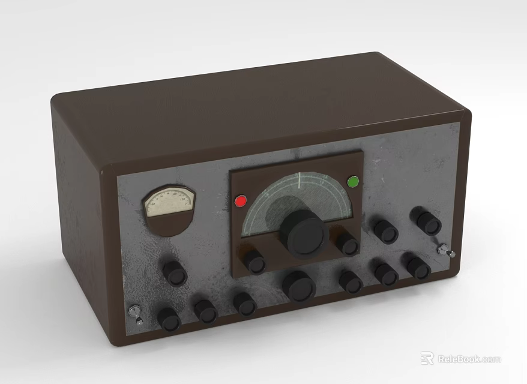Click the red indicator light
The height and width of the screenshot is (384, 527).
[241, 201]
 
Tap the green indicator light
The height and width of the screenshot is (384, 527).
[352, 181]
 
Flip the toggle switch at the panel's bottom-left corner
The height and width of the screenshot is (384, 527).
[135, 313]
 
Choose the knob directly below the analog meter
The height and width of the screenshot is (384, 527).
[175, 273]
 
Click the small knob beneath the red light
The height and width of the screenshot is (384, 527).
[254, 262]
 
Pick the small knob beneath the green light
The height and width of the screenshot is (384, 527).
[348, 244]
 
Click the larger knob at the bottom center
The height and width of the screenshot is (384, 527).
[300, 286]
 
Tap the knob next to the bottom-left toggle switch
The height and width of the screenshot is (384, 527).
[169, 319]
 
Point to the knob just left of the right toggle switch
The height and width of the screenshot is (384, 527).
[417, 267]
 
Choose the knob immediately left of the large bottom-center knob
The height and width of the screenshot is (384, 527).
[245, 304]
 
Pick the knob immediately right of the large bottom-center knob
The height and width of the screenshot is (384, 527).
[351, 281]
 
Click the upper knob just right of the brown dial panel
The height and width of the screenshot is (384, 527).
[385, 231]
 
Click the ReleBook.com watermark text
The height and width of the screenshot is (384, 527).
[468, 359]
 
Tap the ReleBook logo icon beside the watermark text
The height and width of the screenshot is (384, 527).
[427, 359]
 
